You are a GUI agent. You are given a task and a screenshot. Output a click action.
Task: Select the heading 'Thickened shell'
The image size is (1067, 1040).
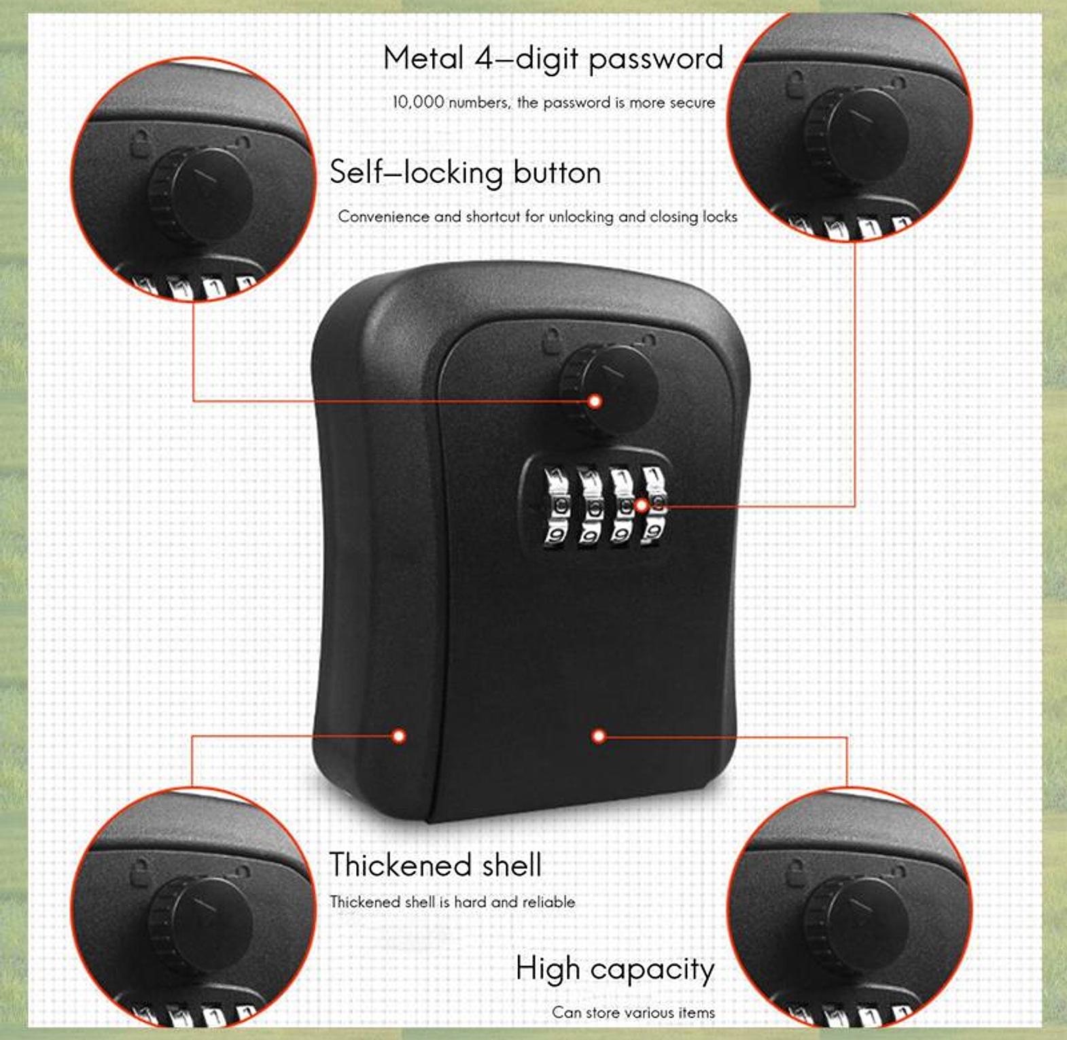436,865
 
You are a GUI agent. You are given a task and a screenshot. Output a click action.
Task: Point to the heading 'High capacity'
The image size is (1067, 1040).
615,970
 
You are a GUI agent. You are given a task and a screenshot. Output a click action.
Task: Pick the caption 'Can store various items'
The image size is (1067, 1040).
633,1013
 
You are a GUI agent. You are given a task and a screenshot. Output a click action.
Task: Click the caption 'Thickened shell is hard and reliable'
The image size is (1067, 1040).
453,902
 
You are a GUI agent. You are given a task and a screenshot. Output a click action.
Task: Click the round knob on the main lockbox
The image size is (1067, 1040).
608,389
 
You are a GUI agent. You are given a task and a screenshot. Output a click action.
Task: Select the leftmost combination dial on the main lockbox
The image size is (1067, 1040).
557,506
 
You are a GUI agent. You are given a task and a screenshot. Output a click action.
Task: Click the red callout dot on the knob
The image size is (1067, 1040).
595,401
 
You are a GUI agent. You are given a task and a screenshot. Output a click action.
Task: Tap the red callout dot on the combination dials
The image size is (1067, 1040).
641,506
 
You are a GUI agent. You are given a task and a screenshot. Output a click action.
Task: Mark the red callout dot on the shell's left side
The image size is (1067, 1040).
400,735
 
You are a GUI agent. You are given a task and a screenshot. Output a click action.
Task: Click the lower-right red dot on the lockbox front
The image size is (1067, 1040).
599,736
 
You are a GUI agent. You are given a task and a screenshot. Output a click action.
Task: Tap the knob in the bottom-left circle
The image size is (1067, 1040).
200,925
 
